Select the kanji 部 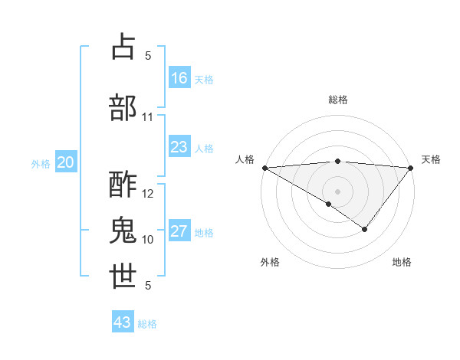(x=123, y=106)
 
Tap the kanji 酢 (x=123, y=185)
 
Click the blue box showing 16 (x=179, y=78)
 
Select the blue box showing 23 (x=179, y=147)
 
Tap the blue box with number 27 (x=179, y=231)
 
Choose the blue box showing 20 (x=66, y=162)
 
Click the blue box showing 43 (x=123, y=322)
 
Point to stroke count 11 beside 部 (x=148, y=117)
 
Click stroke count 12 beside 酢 (x=148, y=194)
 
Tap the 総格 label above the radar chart (x=338, y=100)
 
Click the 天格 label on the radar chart (x=431, y=159)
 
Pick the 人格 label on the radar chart (x=245, y=159)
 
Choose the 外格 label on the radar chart (x=270, y=262)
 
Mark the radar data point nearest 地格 (x=365, y=229)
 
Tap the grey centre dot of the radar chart (x=338, y=191)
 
